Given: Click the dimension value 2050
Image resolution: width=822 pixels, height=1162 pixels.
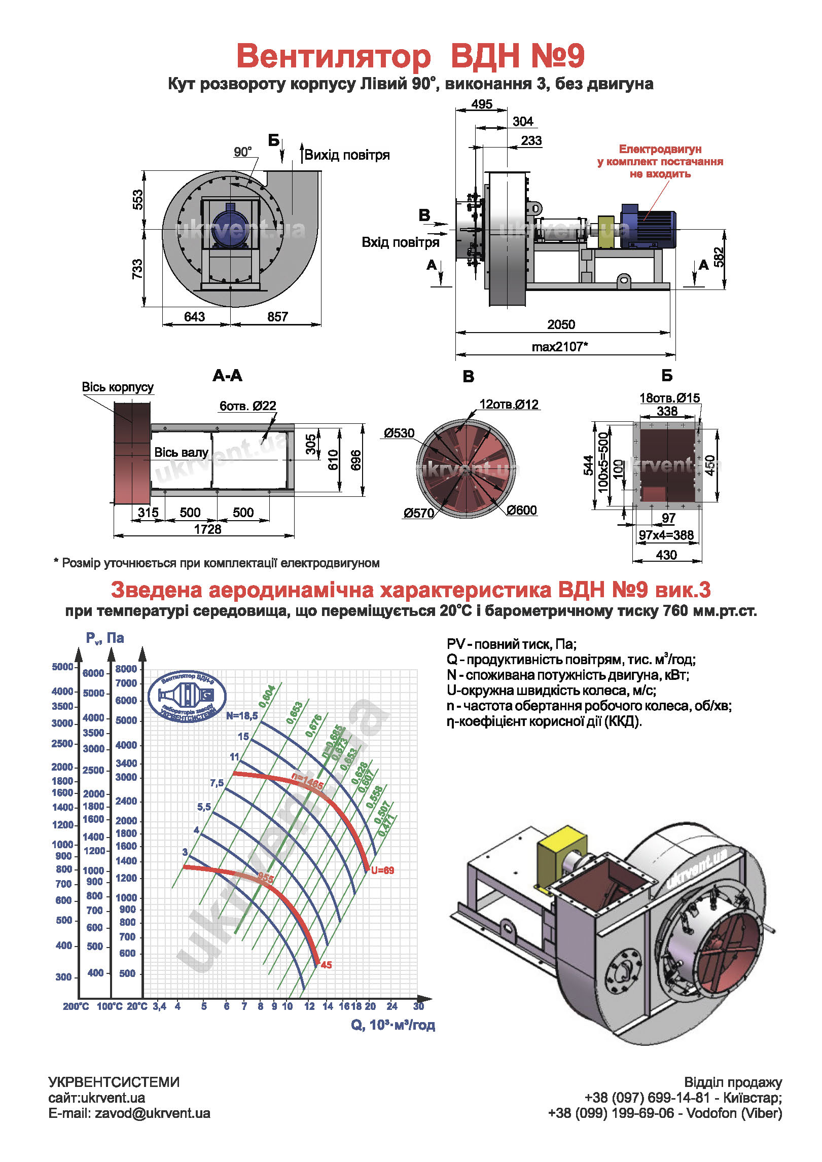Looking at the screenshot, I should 561,324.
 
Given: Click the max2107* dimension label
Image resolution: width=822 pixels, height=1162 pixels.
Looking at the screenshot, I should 559,347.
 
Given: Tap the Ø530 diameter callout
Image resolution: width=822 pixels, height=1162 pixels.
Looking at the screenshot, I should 399,433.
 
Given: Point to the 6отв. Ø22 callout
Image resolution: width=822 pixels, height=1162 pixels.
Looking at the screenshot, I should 247,406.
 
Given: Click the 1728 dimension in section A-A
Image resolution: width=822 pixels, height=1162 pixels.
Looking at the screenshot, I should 207,529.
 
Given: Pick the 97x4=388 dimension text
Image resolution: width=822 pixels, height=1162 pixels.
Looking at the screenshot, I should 666,535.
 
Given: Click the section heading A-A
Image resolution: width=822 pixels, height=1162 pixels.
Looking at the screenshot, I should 228,376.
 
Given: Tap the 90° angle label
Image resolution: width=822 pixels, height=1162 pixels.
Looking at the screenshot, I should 243,152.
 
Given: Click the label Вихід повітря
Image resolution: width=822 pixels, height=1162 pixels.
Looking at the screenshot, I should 347,155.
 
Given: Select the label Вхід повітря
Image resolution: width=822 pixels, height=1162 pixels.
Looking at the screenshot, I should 400,242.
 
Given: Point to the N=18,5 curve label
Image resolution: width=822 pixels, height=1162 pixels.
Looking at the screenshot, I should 242,716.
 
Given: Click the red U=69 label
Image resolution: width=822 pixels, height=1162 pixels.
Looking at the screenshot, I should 382,870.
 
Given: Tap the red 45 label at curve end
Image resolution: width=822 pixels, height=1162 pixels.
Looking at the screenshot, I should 326,965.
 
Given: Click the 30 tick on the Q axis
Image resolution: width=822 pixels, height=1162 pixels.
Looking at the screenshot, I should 418,1006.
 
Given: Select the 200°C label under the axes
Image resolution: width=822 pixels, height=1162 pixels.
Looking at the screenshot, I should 76,1006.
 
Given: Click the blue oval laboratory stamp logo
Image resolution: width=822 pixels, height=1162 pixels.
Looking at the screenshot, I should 187,696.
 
